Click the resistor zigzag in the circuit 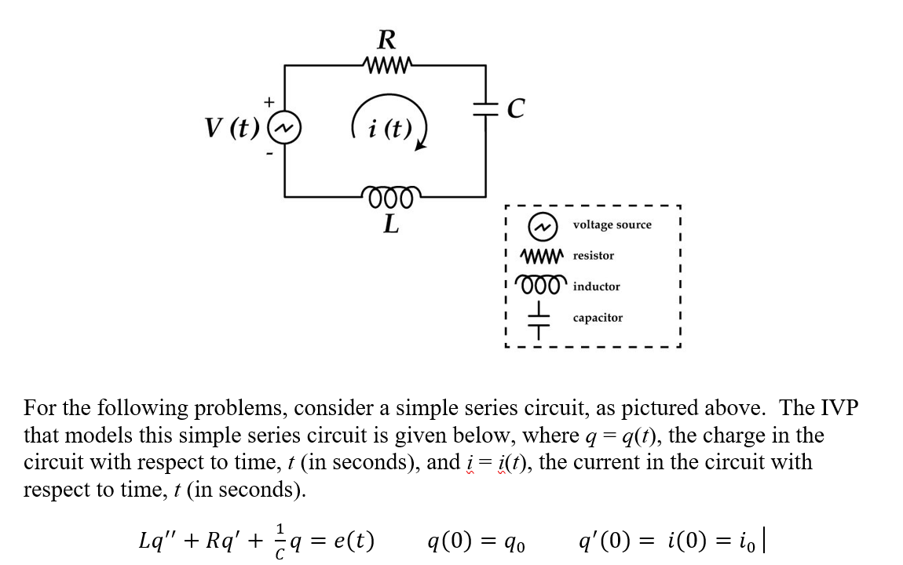pyautogui.click(x=386, y=64)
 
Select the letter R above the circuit pyautogui.click(x=386, y=38)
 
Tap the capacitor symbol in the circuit pyautogui.click(x=486, y=109)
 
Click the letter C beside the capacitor pyautogui.click(x=515, y=110)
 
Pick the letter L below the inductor pyautogui.click(x=390, y=224)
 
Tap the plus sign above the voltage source pyautogui.click(x=269, y=101)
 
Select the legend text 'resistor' pyautogui.click(x=594, y=256)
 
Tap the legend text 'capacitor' pyautogui.click(x=598, y=318)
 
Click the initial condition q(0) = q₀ pyautogui.click(x=474, y=541)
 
